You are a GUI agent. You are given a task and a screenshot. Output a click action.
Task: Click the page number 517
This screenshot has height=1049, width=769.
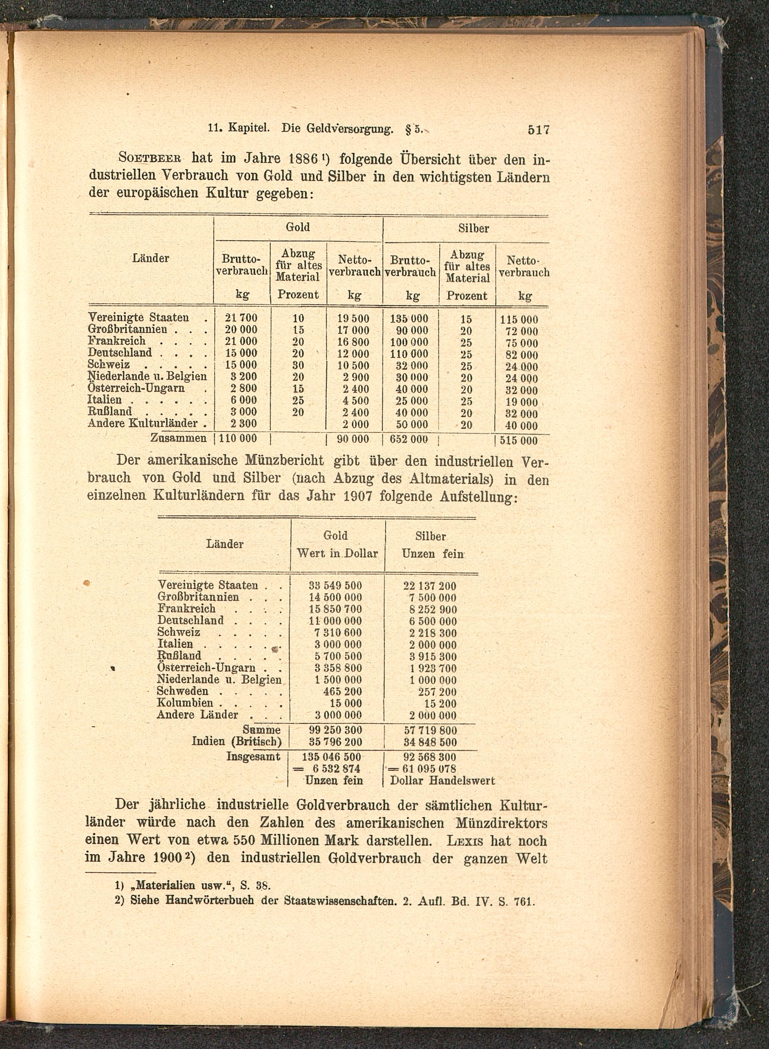pyautogui.click(x=539, y=130)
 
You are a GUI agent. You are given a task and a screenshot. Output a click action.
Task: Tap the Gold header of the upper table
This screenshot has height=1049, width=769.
pyautogui.click(x=298, y=227)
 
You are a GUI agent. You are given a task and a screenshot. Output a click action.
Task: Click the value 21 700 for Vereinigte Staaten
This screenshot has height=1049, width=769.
pyautogui.click(x=241, y=318)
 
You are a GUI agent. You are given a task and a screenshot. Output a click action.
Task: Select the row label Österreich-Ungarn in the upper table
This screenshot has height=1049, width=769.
pyautogui.click(x=136, y=388)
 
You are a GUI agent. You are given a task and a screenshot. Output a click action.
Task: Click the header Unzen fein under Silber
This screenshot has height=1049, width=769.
pyautogui.click(x=433, y=554)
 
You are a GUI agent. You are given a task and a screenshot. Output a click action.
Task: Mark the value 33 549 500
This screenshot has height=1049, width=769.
pyautogui.click(x=335, y=586)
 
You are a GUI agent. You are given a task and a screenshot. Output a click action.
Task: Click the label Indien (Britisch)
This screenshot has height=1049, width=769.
pyautogui.click(x=236, y=742)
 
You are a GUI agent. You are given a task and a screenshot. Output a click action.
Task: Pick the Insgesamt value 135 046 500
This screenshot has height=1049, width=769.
pyautogui.click(x=331, y=757)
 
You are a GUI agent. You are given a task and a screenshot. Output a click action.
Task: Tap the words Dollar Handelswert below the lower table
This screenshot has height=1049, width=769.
pyautogui.click(x=442, y=780)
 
